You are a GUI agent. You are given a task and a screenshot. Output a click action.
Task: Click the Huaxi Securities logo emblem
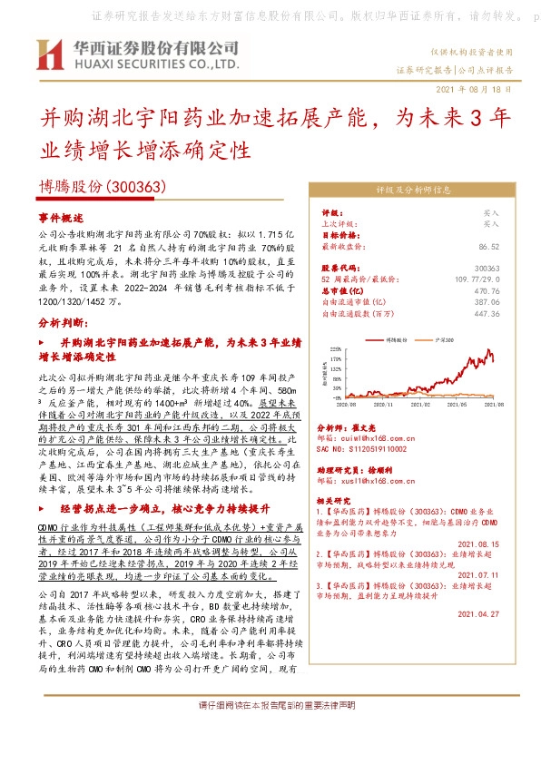(x=48, y=55)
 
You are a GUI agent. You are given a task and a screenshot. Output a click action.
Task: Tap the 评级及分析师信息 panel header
(x=413, y=191)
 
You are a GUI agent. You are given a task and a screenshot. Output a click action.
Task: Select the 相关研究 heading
(x=337, y=501)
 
